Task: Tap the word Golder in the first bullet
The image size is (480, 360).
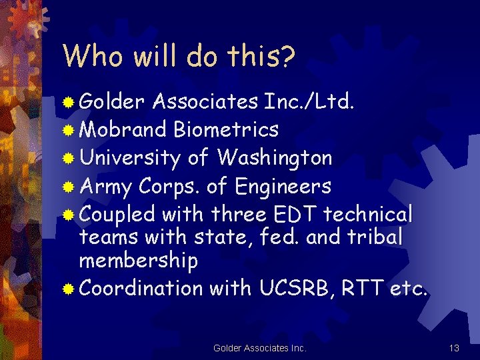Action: point(112,101)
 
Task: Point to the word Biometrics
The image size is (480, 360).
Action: point(225,129)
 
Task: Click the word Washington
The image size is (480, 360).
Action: point(274,158)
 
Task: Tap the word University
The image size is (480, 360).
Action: point(129,158)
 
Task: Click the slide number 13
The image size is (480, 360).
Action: point(455,347)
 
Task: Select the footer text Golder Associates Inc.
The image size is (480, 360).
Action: point(260,347)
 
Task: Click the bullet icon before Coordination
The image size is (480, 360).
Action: point(69,289)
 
